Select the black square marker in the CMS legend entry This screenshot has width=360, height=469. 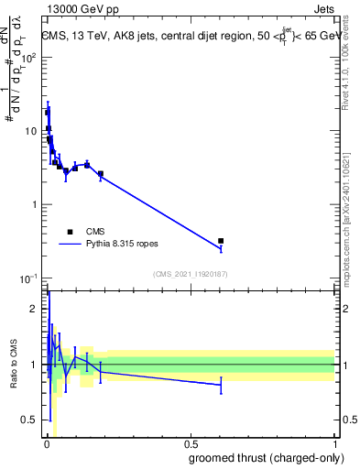[x=70, y=232]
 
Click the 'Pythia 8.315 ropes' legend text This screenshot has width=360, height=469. [x=127, y=245]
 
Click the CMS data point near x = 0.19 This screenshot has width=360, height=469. [x=101, y=173]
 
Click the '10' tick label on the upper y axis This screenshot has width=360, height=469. [x=32, y=130]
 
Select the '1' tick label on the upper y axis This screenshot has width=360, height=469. [x=36, y=204]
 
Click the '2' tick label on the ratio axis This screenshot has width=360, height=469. [x=35, y=309]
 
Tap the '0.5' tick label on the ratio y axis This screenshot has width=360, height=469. [x=30, y=420]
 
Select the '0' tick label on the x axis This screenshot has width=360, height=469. [x=47, y=444]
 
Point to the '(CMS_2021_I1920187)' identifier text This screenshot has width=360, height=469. [x=190, y=274]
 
